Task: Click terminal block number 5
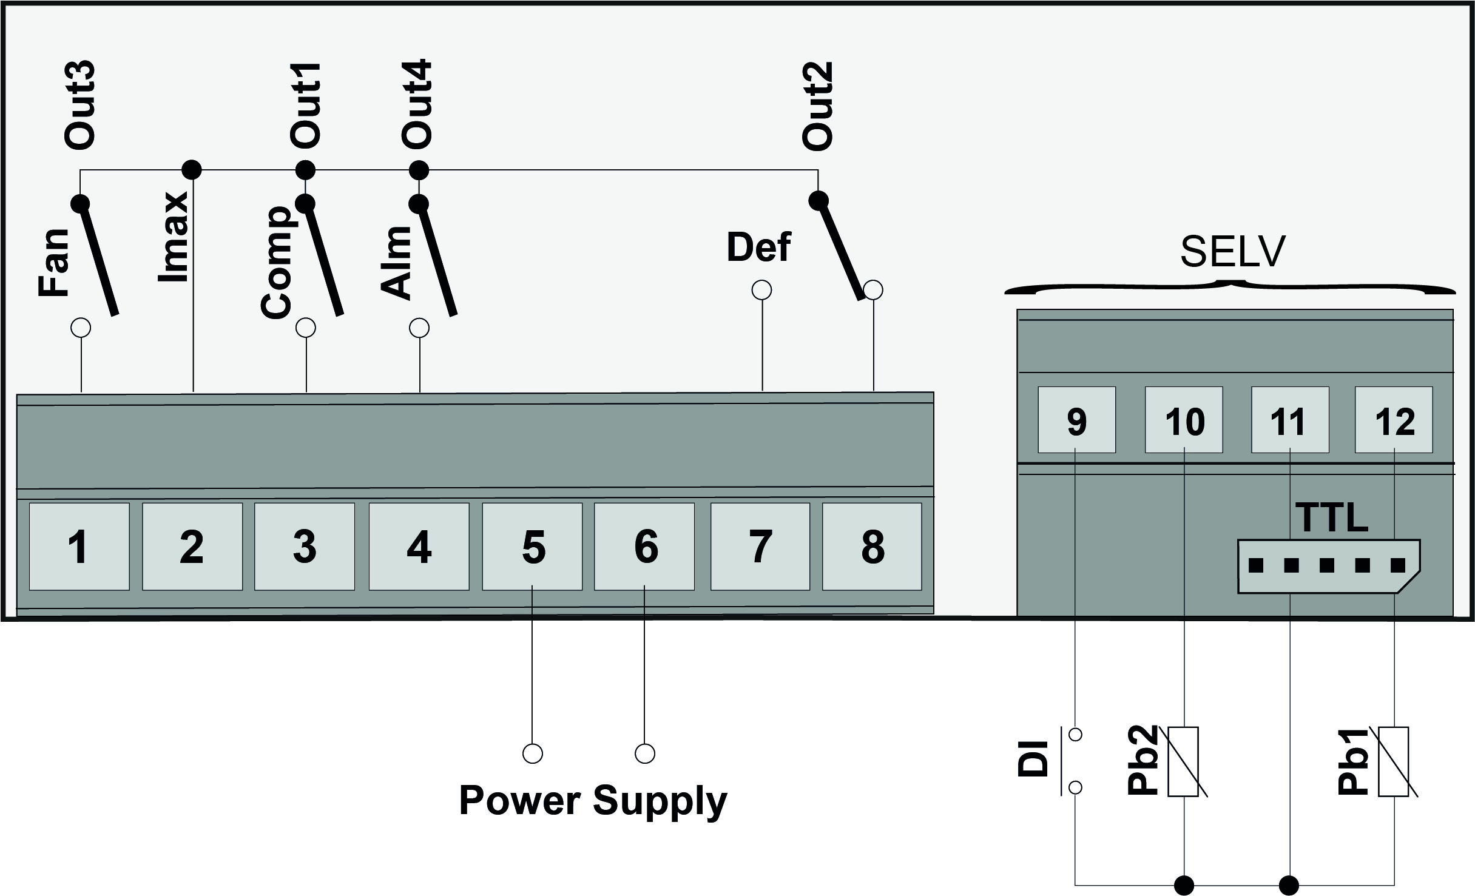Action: tap(532, 546)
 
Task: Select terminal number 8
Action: tap(872, 546)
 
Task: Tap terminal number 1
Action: tap(79, 546)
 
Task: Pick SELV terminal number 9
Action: tap(1076, 420)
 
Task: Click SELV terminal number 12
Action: tap(1394, 420)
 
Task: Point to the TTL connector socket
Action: tap(1329, 566)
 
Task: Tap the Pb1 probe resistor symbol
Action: tap(1393, 762)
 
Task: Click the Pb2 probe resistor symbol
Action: tap(1183, 762)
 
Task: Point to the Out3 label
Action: tap(79, 105)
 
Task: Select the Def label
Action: tap(758, 248)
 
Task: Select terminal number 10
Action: tap(1183, 420)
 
